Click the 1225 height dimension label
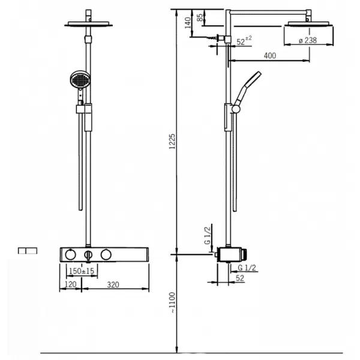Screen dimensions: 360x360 click(172, 142)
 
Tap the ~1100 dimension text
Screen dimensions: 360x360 click(172, 302)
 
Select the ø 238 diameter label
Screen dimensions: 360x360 click(308, 40)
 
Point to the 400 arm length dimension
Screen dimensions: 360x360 click(270, 56)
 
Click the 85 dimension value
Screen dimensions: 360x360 click(200, 17)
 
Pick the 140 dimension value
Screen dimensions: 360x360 click(188, 23)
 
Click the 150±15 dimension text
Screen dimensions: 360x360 click(82, 271)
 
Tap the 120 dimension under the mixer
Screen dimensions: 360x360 click(70, 284)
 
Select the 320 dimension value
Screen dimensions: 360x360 click(113, 284)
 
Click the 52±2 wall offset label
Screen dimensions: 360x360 click(244, 41)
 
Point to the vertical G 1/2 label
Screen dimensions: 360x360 click(207, 236)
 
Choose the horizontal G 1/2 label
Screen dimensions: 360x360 click(247, 268)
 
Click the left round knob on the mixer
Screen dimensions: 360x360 click(70, 254)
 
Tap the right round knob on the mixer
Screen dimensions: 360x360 click(106, 254)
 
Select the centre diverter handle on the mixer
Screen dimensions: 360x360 click(88, 254)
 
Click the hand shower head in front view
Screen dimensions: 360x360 click(80, 79)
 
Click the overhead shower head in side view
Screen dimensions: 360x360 click(309, 25)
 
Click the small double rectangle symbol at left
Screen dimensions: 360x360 click(28, 250)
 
